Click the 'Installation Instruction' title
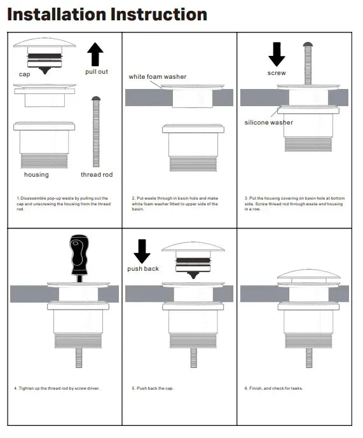tap(107, 15)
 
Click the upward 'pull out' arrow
tap(95, 55)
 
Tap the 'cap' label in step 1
tap(24, 74)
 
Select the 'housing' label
tap(36, 174)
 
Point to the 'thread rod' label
tap(96, 174)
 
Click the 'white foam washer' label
tap(157, 77)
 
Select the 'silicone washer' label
tap(269, 122)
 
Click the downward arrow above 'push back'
tap(142, 250)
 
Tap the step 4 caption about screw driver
tap(57, 388)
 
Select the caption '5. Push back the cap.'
tap(153, 388)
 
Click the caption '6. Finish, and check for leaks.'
tap(275, 388)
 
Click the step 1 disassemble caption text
tap(63, 203)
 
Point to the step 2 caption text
tap(175, 203)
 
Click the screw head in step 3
tap(308, 44)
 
